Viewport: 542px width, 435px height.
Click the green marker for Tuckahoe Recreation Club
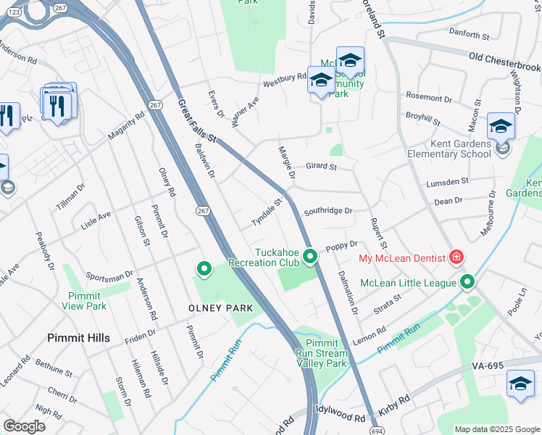pos(310,257)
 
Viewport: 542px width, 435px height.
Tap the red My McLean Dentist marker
pos(456,257)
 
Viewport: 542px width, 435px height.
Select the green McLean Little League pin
pos(467,282)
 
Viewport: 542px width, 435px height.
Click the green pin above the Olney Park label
pos(204,270)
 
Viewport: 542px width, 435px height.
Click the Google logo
pos(24,426)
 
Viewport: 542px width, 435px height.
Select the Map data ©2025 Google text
pos(496,429)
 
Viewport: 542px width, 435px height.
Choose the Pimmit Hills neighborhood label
pos(78,338)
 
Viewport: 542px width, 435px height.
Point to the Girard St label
pos(321,166)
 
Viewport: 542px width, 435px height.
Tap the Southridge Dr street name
pos(328,211)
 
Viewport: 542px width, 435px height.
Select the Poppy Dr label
pos(343,245)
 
